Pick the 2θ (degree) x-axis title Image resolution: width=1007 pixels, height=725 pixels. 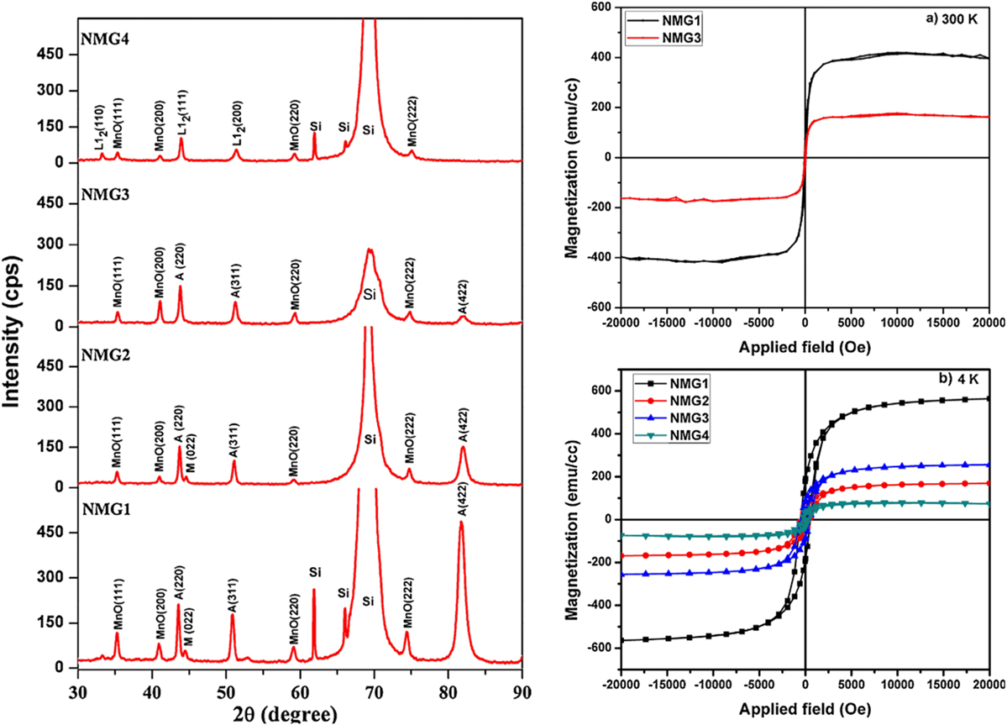(275, 714)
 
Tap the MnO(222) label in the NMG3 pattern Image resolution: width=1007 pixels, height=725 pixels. (409, 287)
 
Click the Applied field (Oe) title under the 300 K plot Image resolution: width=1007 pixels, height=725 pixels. (805, 347)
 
